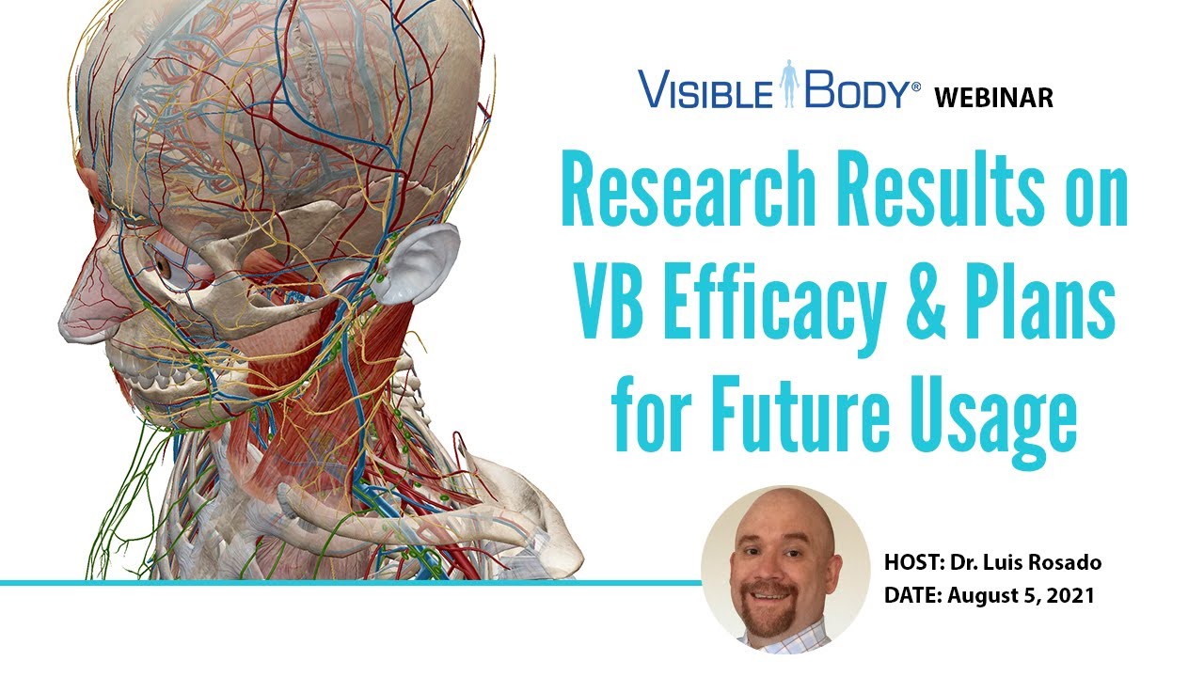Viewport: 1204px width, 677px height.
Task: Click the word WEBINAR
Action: (x=993, y=98)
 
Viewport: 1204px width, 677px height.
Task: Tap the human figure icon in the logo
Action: (x=789, y=84)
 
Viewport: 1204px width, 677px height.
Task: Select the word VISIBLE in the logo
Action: (x=705, y=88)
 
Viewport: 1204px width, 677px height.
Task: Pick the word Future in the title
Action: (x=799, y=413)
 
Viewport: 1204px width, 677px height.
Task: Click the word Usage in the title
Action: (x=990, y=419)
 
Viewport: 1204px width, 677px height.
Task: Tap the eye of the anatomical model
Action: (x=163, y=264)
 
